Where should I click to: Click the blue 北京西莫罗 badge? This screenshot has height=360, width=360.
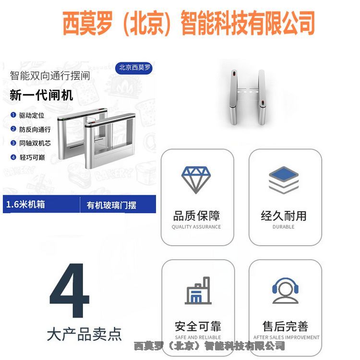pyautogui.click(x=133, y=68)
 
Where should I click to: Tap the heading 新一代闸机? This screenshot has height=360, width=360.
pyautogui.click(x=41, y=95)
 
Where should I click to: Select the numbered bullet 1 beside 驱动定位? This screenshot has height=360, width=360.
pyautogui.click(x=13, y=115)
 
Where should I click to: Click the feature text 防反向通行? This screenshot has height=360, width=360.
pyautogui.click(x=35, y=130)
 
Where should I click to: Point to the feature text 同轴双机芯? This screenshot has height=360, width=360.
pyautogui.click(x=35, y=143)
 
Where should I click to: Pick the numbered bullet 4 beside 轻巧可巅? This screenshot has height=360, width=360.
pyautogui.click(x=13, y=157)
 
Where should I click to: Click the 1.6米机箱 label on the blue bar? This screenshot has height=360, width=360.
pyautogui.click(x=25, y=204)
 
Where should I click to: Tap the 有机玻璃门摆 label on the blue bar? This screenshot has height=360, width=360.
pyautogui.click(x=111, y=205)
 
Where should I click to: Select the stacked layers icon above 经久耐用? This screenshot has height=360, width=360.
pyautogui.click(x=284, y=180)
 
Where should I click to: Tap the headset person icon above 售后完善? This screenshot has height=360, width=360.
pyautogui.click(x=285, y=291)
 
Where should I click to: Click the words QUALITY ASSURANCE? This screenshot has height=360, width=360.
pyautogui.click(x=196, y=227)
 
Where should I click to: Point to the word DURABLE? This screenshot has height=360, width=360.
pyautogui.click(x=284, y=227)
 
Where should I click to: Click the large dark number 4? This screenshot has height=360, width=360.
pyautogui.click(x=69, y=290)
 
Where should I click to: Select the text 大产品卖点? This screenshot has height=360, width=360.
pyautogui.click(x=84, y=334)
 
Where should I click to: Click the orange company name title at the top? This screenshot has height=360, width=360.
pyautogui.click(x=188, y=23)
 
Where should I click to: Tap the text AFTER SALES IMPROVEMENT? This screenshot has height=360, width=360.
pyautogui.click(x=286, y=337)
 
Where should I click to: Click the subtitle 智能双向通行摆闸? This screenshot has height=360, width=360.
pyautogui.click(x=50, y=76)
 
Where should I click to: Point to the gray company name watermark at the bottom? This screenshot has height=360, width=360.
pyautogui.click(x=209, y=346)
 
